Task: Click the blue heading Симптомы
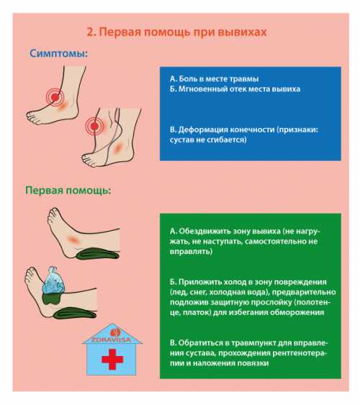pyautogui.click(x=58, y=54)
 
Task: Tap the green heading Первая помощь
pyautogui.click(x=68, y=191)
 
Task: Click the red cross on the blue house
pyautogui.click(x=112, y=359)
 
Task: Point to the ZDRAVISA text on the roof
pyautogui.click(x=112, y=340)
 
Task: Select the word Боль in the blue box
pyautogui.click(x=186, y=79)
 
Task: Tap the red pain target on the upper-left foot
pyautogui.click(x=55, y=97)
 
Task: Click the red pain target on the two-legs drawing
pyautogui.click(x=94, y=126)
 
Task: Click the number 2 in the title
pyautogui.click(x=90, y=32)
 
